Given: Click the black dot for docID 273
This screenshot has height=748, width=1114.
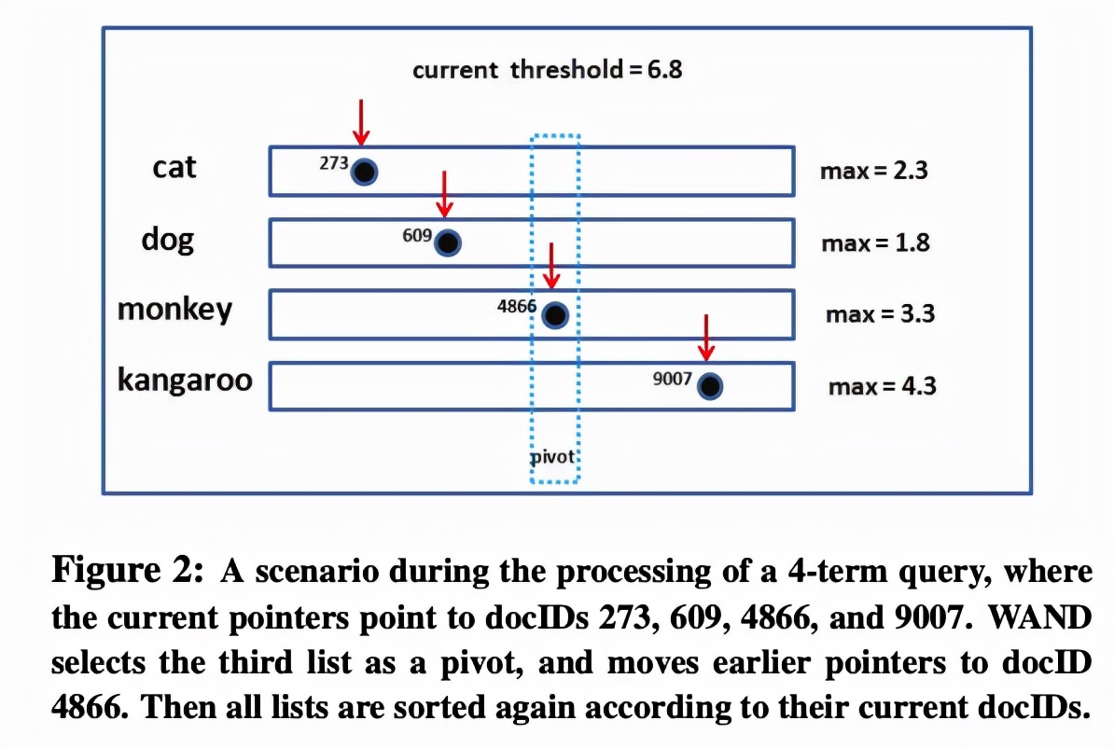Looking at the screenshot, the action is (x=365, y=172).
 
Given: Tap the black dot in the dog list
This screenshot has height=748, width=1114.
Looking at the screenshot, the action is (x=448, y=242).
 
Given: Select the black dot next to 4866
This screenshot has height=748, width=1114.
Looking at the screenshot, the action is (x=555, y=314).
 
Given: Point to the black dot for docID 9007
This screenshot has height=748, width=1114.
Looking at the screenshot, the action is (x=710, y=386).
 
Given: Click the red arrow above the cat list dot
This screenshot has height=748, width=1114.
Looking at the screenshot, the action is (x=362, y=122).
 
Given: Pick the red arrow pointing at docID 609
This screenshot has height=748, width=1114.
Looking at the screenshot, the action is (x=445, y=194).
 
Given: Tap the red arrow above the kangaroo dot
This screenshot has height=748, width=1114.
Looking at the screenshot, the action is (x=705, y=338).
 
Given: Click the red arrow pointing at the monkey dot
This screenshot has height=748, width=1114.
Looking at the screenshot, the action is (x=551, y=266).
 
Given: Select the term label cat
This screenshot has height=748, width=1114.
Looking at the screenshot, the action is (x=174, y=168).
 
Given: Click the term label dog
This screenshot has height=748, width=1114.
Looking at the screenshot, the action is (x=168, y=240).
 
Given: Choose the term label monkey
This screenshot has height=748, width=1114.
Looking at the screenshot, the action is (x=174, y=310).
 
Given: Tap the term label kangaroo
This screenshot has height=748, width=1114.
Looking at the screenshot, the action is (x=185, y=380).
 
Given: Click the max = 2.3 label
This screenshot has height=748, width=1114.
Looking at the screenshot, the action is (x=874, y=172).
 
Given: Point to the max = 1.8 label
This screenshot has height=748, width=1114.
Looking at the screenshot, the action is (x=875, y=242).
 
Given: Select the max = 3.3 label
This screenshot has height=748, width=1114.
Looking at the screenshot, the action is (x=880, y=314).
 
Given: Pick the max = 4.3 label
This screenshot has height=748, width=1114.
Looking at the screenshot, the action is (x=883, y=386).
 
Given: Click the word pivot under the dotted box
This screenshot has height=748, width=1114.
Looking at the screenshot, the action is (x=552, y=457).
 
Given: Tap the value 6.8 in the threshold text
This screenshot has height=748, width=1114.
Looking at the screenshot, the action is (x=665, y=70).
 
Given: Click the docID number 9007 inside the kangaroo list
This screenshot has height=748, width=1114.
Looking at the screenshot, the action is (x=672, y=379).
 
